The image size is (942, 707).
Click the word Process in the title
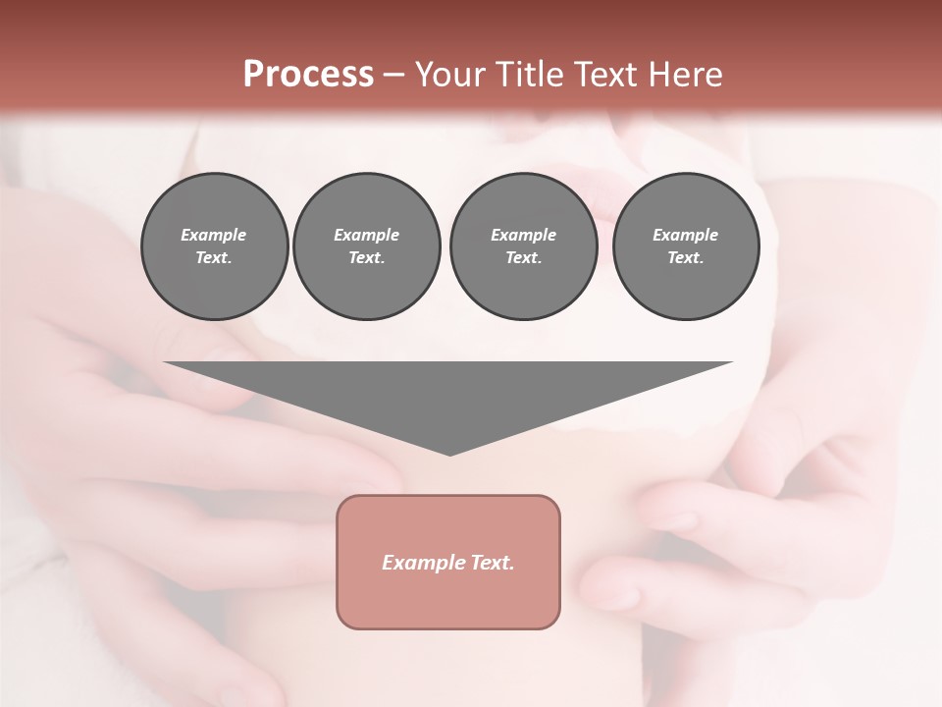point(308,75)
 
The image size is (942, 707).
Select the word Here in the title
point(686,75)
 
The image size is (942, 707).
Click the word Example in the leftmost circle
point(214,235)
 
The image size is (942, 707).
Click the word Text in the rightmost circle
point(685,257)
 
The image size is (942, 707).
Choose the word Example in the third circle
point(523,235)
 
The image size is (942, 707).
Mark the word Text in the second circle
point(365,257)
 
